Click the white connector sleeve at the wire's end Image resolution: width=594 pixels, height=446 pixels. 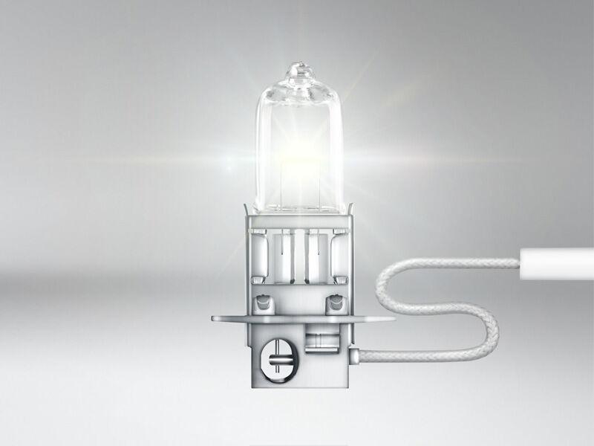(556, 262)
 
